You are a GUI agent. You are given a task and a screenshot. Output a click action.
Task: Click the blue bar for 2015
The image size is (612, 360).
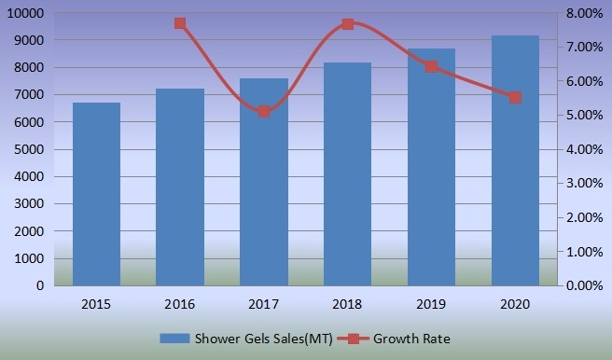[x=97, y=194]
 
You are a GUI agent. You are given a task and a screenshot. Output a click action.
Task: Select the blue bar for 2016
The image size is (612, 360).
[x=180, y=187]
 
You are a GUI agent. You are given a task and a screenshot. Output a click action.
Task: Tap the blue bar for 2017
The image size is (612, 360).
[x=264, y=182]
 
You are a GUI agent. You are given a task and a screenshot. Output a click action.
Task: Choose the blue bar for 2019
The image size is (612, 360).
[x=431, y=167]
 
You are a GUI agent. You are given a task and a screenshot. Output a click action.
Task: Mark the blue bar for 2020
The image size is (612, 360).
[x=514, y=160]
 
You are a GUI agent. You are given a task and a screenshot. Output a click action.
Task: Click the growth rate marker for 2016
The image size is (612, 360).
[x=180, y=23]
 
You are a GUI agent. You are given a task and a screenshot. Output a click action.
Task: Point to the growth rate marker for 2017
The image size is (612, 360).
[x=264, y=111]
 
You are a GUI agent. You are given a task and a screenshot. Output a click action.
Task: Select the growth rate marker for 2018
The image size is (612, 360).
[x=347, y=23]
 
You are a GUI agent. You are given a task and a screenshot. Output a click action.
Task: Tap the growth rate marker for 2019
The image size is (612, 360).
[x=431, y=66]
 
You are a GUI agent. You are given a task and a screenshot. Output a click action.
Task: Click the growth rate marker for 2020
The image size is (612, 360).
[x=514, y=97]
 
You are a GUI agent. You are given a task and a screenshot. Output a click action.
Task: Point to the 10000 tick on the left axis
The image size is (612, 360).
[x=26, y=14]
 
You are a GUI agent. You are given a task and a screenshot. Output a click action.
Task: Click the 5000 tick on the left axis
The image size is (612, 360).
[x=30, y=150]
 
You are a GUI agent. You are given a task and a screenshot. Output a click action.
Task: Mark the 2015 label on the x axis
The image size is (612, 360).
[x=97, y=303]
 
